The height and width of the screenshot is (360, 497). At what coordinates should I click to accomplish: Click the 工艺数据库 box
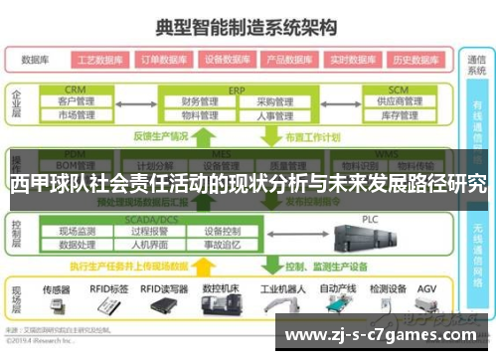pyautogui.click(x=98, y=59)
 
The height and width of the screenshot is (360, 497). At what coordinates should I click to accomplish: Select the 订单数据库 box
pyautogui.click(x=163, y=59)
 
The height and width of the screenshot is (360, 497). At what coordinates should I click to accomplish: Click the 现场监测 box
pyautogui.click(x=76, y=230)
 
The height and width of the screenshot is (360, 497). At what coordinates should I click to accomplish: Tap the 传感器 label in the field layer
pyautogui.click(x=57, y=288)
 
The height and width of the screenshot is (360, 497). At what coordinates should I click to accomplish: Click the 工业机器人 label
pyautogui.click(x=280, y=288)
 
